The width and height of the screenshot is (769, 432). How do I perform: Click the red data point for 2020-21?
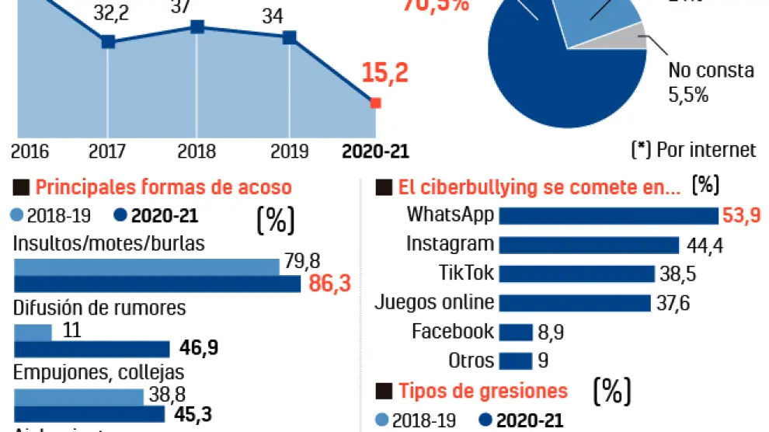click(375, 103)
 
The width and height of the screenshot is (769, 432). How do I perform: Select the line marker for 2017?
click(108, 42)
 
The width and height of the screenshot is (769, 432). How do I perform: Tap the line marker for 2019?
click(289, 37)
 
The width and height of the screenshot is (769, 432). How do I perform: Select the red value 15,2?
click(384, 74)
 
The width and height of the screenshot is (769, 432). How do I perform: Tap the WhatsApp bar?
click(608, 215)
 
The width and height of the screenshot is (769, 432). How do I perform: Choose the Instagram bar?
click(590, 245)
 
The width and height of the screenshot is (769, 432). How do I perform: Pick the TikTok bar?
click(577, 273)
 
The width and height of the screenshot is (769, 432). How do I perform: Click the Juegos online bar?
click(575, 302)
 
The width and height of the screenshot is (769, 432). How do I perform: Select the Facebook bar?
click(516, 332)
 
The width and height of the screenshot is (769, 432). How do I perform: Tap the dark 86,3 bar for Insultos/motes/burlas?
click(157, 284)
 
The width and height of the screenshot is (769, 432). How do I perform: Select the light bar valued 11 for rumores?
click(33, 332)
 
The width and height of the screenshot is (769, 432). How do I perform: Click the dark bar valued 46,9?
click(92, 349)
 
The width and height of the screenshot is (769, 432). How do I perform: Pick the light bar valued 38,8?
click(78, 396)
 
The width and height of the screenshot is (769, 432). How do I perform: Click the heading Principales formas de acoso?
click(163, 187)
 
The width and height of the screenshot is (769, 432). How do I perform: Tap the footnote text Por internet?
click(705, 150)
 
